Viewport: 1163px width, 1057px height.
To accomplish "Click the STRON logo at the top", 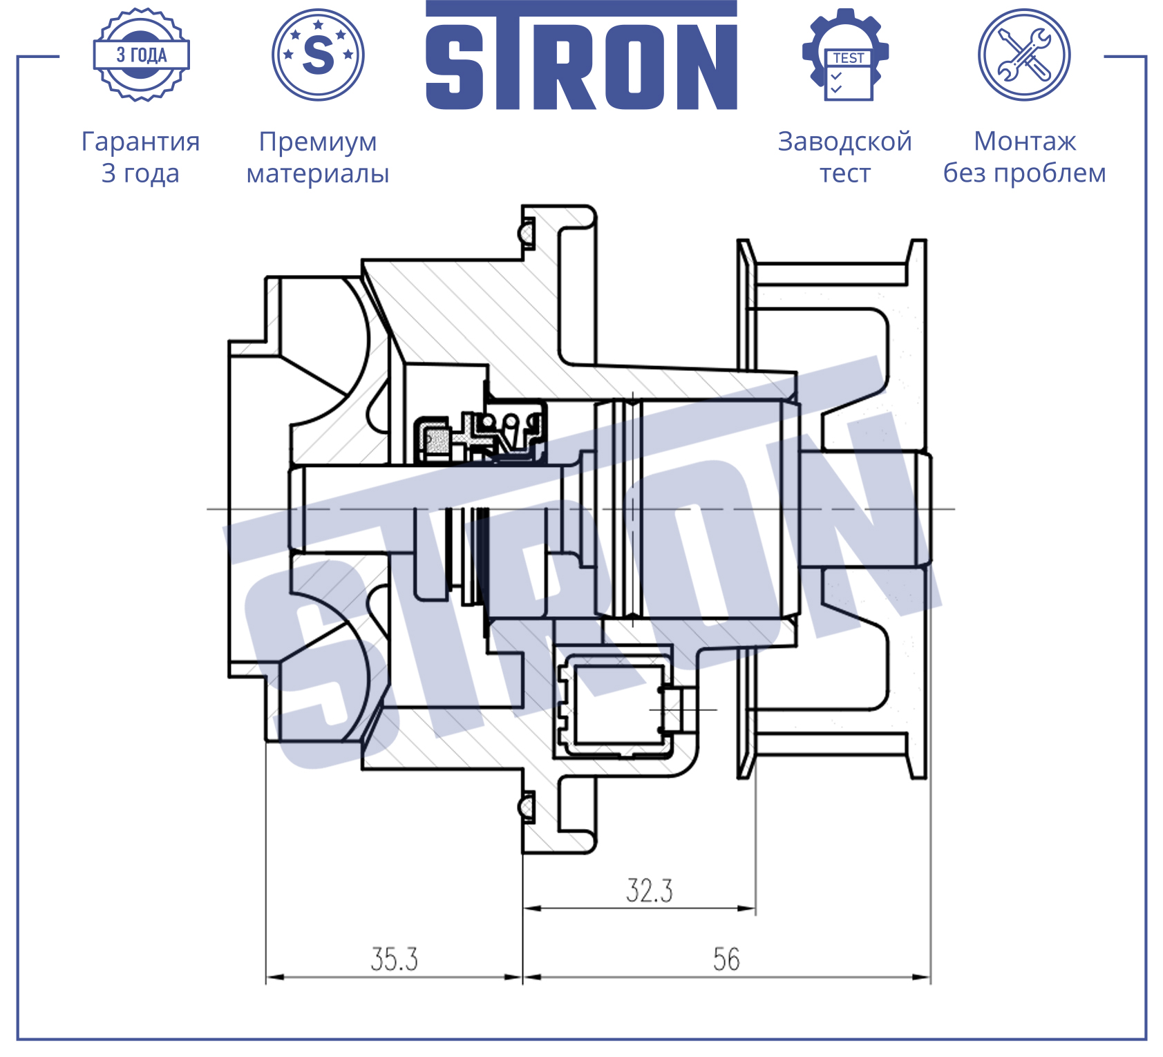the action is [581, 55].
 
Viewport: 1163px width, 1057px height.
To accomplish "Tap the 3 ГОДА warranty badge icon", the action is [142, 55].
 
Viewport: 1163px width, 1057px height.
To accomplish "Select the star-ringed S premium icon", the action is [318, 55].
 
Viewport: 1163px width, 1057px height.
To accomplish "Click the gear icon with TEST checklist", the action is [845, 55].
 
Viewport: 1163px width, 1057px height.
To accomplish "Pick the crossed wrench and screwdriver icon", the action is [1024, 55].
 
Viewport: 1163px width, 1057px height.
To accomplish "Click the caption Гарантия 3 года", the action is [141, 157].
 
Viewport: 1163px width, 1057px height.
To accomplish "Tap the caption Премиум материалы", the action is [318, 157].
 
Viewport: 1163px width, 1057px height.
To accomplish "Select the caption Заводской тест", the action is [845, 157].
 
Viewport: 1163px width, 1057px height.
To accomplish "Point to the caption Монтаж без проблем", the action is [1025, 157].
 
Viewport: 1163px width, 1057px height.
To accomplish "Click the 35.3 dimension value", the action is [395, 959].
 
